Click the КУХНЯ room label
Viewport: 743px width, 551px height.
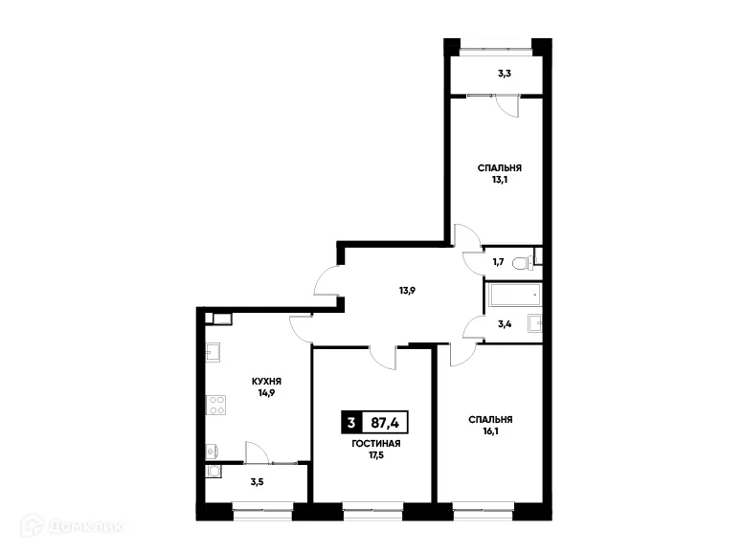[266, 380]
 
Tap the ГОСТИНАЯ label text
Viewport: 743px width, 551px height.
[375, 444]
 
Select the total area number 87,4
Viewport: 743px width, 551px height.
[387, 422]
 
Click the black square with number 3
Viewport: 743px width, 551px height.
[352, 422]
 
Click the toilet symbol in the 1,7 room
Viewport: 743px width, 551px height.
[519, 261]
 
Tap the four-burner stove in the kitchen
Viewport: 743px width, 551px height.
[216, 405]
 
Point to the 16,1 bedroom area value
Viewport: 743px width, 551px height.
[490, 432]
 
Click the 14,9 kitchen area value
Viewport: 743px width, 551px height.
[266, 392]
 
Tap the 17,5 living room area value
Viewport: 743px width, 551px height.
[375, 456]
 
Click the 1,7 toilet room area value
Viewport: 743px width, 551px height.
[498, 261]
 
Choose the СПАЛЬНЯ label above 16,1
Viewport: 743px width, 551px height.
[490, 419]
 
